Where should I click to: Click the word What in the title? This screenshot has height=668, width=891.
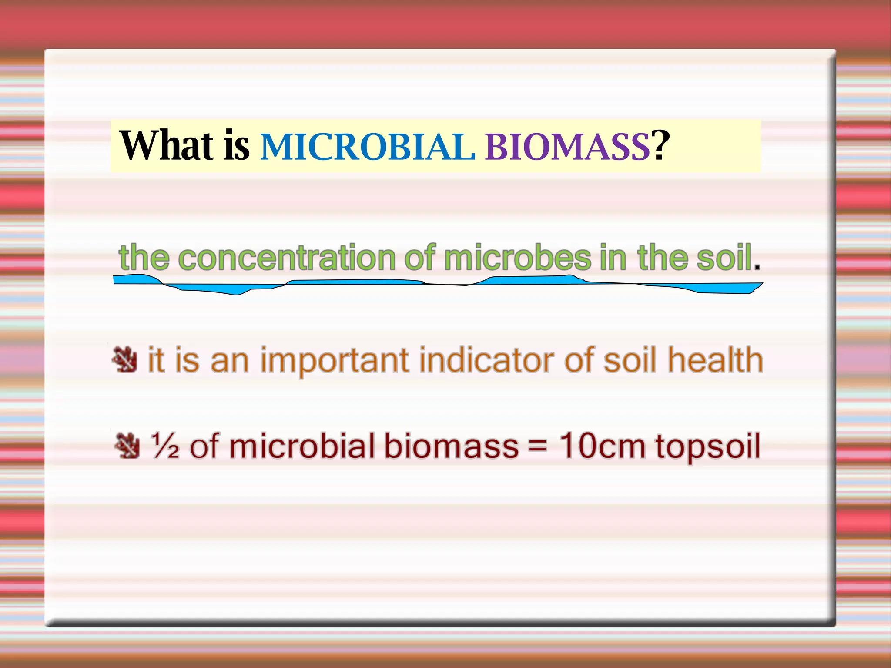[166, 145]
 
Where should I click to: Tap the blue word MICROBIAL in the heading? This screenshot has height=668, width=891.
[367, 147]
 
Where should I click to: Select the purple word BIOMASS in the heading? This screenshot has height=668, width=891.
[567, 147]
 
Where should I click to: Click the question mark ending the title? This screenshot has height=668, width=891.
[660, 145]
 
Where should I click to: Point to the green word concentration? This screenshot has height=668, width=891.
[287, 258]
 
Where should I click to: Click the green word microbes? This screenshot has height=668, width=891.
[517, 258]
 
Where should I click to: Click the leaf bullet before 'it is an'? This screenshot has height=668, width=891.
[124, 359]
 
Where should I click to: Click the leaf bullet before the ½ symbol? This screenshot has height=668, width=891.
[127, 446]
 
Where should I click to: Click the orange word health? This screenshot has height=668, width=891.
[715, 360]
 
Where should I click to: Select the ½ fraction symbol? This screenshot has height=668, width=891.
[164, 446]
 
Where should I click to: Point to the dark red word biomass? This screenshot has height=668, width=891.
[451, 446]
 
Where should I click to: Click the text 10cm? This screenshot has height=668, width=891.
[602, 446]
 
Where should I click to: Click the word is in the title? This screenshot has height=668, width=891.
[236, 145]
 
